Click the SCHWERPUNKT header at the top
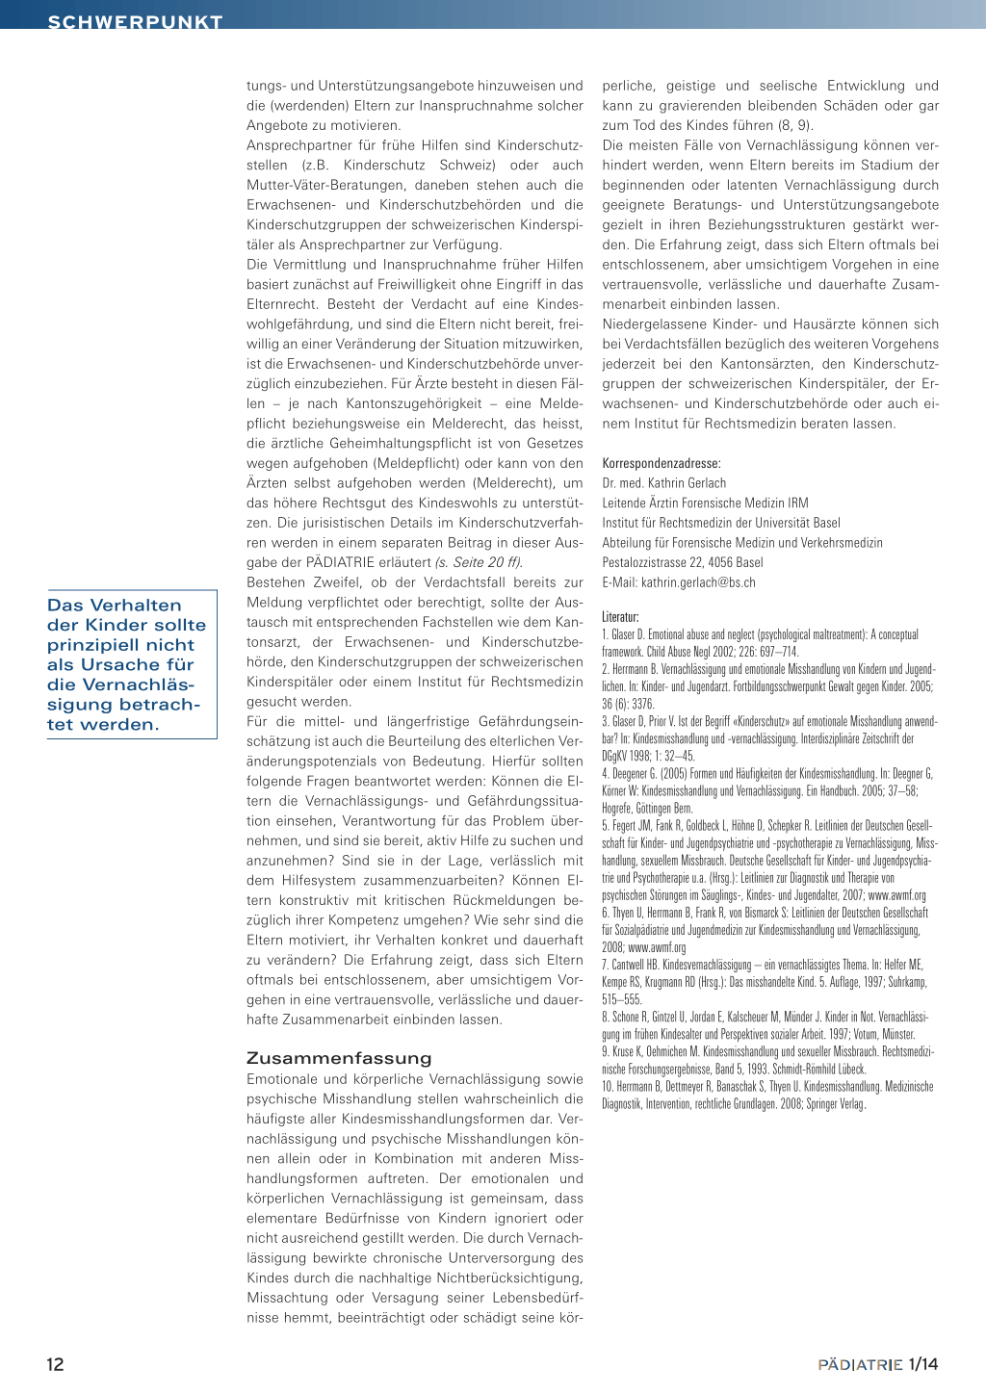(x=135, y=21)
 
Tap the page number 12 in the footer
(x=56, y=1364)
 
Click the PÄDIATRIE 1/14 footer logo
(x=877, y=1364)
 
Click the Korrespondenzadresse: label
(x=662, y=463)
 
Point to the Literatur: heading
(x=620, y=616)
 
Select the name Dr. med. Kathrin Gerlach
(x=664, y=483)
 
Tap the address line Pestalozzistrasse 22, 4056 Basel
(x=683, y=562)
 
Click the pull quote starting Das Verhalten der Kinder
(x=126, y=664)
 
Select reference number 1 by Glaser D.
(x=761, y=643)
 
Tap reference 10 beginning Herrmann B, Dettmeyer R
(x=767, y=1095)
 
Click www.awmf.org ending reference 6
(x=657, y=947)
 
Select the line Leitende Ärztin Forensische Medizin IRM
(x=705, y=503)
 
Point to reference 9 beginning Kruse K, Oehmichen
(x=767, y=1060)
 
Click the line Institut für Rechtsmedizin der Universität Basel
(x=721, y=523)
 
